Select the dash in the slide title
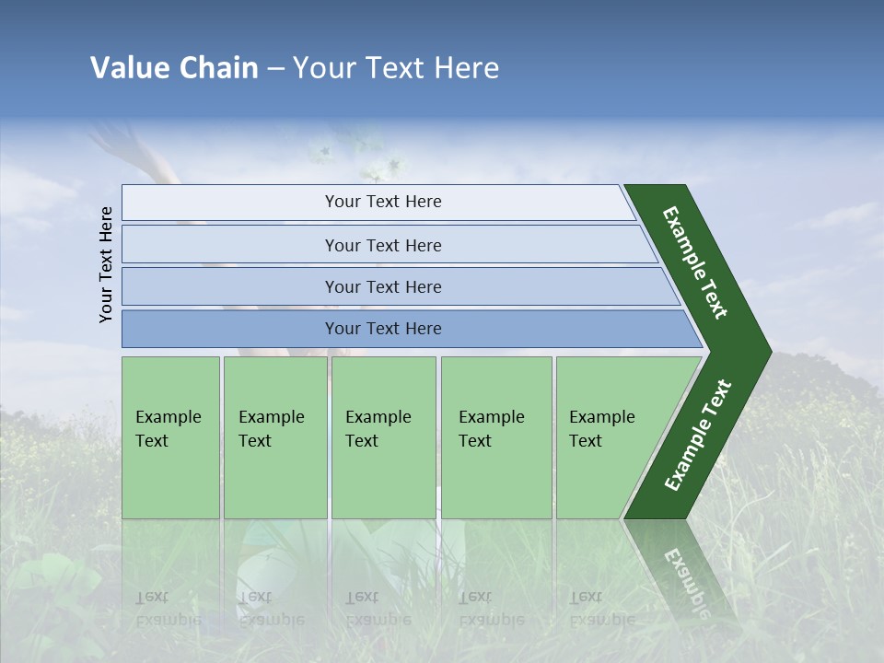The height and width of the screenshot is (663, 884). [x=275, y=69]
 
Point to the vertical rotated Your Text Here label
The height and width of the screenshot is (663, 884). [x=106, y=264]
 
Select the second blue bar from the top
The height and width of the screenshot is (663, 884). [x=383, y=245]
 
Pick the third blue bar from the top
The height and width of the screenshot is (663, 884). [x=383, y=286]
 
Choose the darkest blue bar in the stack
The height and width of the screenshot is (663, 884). [x=383, y=329]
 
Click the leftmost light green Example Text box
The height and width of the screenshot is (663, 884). [x=170, y=437]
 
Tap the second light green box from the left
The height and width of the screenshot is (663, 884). [x=274, y=437]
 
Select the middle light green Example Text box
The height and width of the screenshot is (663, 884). [x=383, y=437]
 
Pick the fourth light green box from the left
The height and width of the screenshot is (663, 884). [x=496, y=437]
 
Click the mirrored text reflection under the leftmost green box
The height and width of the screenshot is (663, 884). [x=169, y=608]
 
